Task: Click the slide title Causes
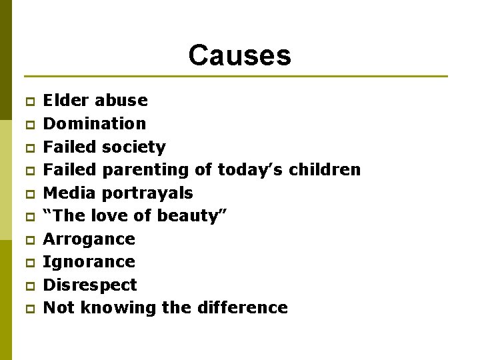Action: (x=239, y=55)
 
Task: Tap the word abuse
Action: (x=121, y=101)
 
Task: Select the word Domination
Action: (x=94, y=123)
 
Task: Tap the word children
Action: (x=325, y=170)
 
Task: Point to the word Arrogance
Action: (x=89, y=239)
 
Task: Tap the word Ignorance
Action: (x=89, y=262)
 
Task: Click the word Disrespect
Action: (x=90, y=285)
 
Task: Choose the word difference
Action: (x=243, y=308)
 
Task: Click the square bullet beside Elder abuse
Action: (x=29, y=102)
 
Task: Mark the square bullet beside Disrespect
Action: (x=29, y=286)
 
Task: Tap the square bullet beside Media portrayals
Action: (x=29, y=194)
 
